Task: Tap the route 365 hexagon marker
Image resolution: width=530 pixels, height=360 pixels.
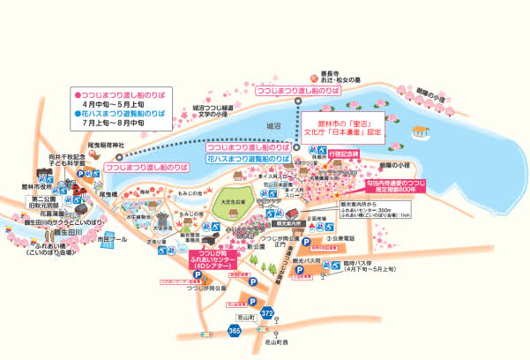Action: coord(234,330)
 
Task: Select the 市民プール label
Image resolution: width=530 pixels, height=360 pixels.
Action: coord(112,239)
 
